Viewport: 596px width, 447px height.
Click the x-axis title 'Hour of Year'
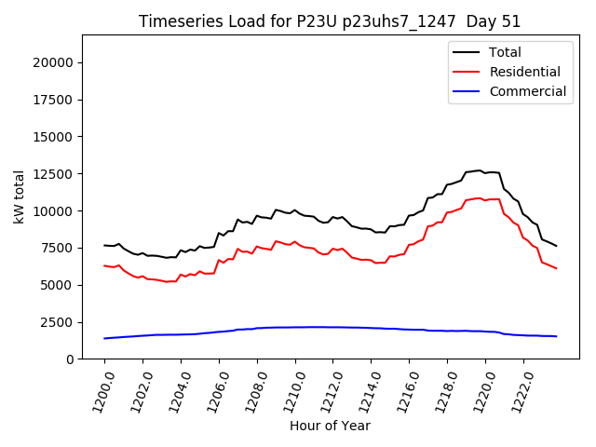[x=330, y=426]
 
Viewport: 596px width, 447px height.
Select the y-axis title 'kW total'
[x=19, y=196]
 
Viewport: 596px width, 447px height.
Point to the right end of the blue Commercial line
[x=557, y=336]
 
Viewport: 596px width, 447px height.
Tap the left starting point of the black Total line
[x=104, y=245]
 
